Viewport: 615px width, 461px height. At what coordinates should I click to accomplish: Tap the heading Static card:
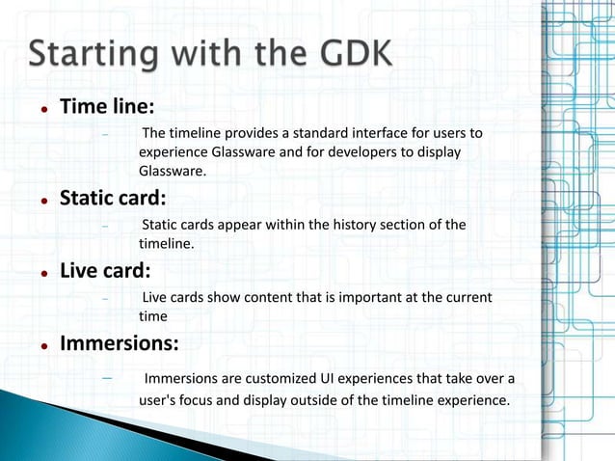[113, 199]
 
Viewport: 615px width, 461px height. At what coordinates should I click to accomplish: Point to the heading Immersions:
[119, 342]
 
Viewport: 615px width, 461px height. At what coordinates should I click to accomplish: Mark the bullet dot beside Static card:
[44, 201]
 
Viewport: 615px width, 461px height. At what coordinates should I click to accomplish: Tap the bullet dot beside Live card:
[44, 272]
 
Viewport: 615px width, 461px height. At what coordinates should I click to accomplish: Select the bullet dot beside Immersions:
[44, 344]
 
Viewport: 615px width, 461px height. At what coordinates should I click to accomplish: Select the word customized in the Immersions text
[287, 376]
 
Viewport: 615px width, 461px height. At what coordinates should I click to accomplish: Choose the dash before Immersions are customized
[108, 375]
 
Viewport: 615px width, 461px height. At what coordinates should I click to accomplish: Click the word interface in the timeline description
[361, 132]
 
